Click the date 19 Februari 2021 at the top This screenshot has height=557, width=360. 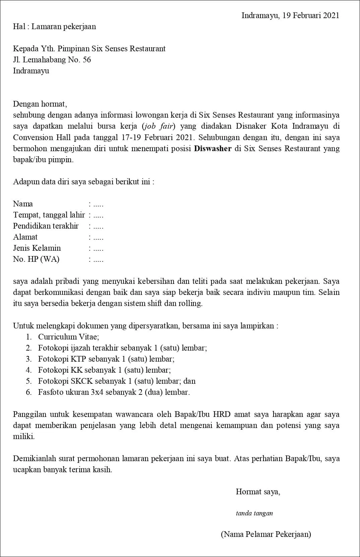pyautogui.click(x=310, y=15)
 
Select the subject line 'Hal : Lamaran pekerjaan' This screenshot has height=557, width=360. pyautogui.click(x=54, y=27)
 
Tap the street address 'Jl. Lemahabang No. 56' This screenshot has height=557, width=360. pyautogui.click(x=52, y=60)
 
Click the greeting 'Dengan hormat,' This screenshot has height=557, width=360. pyautogui.click(x=40, y=104)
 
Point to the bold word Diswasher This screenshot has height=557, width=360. pyautogui.click(x=213, y=148)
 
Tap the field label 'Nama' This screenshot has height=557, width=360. pyautogui.click(x=23, y=204)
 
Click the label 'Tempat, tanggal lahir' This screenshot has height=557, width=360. pyautogui.click(x=49, y=215)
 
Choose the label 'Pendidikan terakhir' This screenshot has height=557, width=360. pyautogui.click(x=46, y=226)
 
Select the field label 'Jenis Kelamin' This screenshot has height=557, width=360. pyautogui.click(x=37, y=248)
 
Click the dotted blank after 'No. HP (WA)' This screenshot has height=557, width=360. pyautogui.click(x=98, y=259)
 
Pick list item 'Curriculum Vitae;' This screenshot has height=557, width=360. pyautogui.click(x=68, y=337)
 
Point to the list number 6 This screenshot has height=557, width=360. pyautogui.click(x=29, y=392)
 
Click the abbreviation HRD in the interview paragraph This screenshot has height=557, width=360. pyautogui.click(x=222, y=414)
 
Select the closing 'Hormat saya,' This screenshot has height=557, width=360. pyautogui.click(x=258, y=492)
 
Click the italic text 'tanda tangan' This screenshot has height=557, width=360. pyautogui.click(x=254, y=513)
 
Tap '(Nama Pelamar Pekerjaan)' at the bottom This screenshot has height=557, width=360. pyautogui.click(x=266, y=534)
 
